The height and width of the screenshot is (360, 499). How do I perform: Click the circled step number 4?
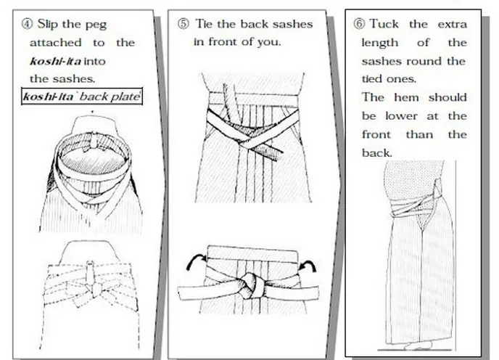click(27, 24)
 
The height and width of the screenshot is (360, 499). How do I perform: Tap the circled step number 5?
click(183, 24)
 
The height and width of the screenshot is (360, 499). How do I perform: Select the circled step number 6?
click(359, 24)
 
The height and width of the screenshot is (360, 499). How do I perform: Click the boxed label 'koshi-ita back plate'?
click(82, 97)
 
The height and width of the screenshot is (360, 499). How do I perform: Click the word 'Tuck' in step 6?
click(384, 24)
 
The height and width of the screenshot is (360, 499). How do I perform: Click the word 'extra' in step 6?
click(453, 24)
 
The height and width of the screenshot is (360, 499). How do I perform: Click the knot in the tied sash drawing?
click(249, 286)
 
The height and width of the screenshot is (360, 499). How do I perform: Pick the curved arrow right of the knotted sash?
click(308, 266)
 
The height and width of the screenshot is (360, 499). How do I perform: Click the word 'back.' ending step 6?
click(377, 153)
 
